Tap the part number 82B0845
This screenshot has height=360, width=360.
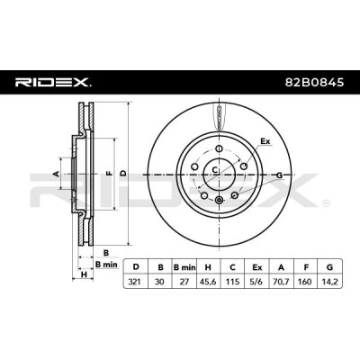(314, 83)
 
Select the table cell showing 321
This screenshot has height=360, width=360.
(136, 282)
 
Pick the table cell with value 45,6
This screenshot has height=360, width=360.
(208, 282)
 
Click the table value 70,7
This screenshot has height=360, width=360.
(281, 282)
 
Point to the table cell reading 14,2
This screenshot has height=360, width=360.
(329, 282)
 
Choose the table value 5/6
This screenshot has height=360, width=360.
(256, 282)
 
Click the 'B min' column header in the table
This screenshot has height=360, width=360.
(184, 266)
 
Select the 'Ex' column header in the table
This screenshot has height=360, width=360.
(256, 266)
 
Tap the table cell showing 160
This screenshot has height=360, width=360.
(305, 282)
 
